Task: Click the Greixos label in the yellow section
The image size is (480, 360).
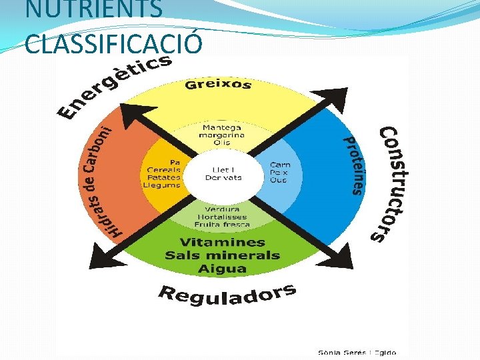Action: tap(218, 85)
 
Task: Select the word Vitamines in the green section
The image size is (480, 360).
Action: tap(222, 243)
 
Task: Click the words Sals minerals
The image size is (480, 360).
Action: tap(222, 255)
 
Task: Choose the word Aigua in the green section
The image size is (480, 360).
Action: tap(222, 269)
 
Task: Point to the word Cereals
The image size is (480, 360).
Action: tap(164, 169)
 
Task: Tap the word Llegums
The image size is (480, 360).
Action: tap(164, 185)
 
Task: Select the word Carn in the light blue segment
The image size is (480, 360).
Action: tap(279, 165)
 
